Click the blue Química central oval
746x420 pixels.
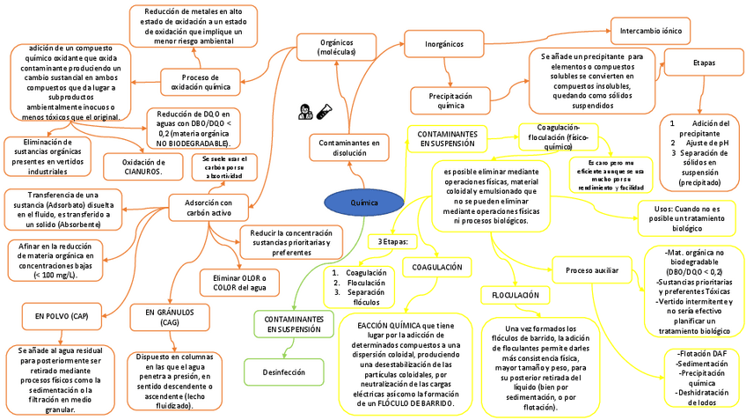(364, 203)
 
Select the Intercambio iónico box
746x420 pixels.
(652, 32)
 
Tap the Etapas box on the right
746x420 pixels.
(703, 63)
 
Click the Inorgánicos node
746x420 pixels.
(444, 44)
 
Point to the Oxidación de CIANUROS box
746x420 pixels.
(143, 166)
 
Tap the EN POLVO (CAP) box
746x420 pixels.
(62, 314)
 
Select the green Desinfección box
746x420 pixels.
(282, 372)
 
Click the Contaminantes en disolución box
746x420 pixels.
(349, 147)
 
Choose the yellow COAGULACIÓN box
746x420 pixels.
(437, 267)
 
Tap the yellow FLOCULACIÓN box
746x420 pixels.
(515, 293)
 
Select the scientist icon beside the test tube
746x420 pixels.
(304, 112)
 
